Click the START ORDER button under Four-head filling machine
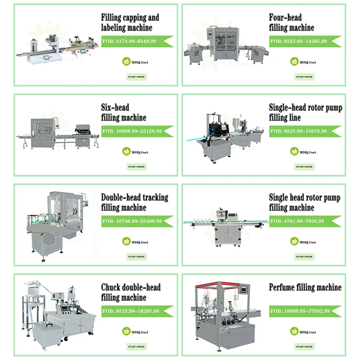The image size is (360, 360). (304, 76)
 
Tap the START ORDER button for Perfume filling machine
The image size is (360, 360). (304, 347)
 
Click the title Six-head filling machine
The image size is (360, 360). (124, 112)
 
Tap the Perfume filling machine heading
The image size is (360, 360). (305, 288)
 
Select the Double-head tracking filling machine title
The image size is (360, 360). (134, 203)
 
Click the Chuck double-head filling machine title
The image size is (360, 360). (131, 293)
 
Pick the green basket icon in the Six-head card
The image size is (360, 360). (127, 152)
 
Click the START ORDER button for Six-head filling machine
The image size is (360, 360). (136, 167)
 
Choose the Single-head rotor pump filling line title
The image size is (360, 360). (305, 112)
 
